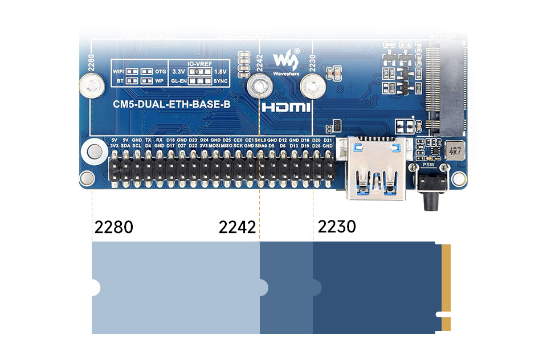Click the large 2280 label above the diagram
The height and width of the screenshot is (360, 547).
114,227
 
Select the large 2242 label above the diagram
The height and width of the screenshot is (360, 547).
238,227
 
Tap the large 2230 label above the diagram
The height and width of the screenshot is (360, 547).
337,226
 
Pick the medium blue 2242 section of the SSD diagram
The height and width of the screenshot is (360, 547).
287,288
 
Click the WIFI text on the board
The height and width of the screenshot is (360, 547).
118,72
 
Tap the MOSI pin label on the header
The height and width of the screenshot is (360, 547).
214,146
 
